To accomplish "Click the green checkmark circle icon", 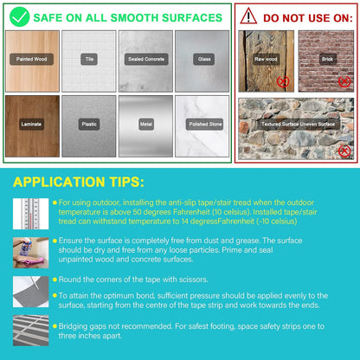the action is [20, 17].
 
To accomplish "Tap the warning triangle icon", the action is [248, 16].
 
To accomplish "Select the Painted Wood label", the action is [31, 59].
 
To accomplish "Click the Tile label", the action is [89, 59].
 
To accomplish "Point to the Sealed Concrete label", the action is [146, 59].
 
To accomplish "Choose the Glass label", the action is [204, 59].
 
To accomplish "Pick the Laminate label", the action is [31, 125].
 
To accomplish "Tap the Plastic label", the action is [89, 125].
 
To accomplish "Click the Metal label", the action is [146, 125].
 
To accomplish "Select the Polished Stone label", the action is [205, 125].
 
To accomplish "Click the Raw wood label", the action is [266, 59].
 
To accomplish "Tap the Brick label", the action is [327, 59].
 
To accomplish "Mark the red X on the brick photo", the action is [344, 81].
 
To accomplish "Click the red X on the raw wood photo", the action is [283, 81].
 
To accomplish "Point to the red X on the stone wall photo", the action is [344, 151].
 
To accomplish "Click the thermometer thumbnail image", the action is [30, 214].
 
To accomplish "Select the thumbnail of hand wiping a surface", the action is [30, 253].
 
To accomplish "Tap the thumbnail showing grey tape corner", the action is [30, 292].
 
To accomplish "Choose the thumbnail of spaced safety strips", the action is [30, 331].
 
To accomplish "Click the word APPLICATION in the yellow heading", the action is [59, 182].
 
